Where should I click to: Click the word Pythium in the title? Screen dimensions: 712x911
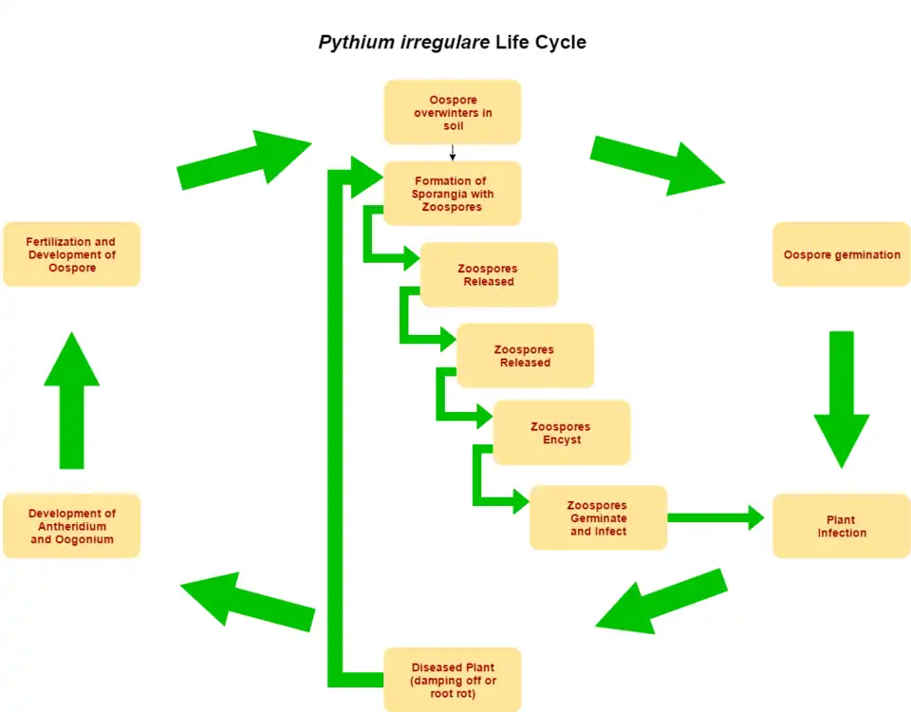pos(357,43)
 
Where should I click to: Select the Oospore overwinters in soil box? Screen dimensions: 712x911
pos(453,112)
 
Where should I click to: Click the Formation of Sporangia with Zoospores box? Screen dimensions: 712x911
pos(453,194)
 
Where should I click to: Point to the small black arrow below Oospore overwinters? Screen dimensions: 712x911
pos(453,153)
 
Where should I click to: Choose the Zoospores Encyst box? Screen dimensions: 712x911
pos(561,433)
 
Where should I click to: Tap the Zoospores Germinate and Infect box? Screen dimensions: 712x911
pos(598,517)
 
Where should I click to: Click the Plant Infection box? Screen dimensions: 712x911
pos(841,526)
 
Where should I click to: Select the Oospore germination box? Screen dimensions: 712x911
pos(841,254)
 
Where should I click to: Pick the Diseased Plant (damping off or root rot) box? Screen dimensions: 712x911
pos(453,679)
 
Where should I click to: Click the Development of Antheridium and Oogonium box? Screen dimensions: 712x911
pos(71,526)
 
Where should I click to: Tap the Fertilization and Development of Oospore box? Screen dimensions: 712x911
pos(71,254)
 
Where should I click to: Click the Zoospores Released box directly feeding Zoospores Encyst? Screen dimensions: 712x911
pos(525,355)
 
